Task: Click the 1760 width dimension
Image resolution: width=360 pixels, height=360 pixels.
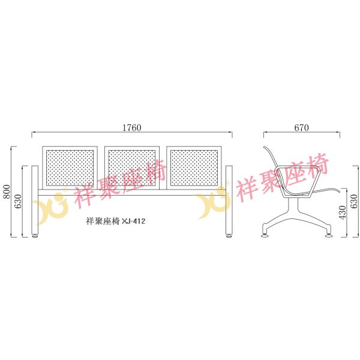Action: point(132,128)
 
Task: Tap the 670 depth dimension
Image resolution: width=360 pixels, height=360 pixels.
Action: point(301,128)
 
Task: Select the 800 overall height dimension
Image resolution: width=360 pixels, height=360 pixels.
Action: point(7,191)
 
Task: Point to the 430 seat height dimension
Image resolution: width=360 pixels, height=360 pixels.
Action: point(342,212)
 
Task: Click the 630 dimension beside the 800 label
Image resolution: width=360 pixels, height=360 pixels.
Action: point(17,201)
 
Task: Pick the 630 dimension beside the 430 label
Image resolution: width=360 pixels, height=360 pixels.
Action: point(354,201)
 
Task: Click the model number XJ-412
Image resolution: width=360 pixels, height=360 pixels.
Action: point(134,221)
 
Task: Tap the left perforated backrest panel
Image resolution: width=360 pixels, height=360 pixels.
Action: point(70,168)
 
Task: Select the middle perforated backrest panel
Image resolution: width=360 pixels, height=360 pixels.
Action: point(132,168)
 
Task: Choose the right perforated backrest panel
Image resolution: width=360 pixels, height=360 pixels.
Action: point(194,168)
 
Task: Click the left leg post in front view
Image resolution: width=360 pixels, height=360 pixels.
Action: point(35,200)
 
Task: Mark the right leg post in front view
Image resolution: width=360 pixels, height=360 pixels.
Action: point(229,200)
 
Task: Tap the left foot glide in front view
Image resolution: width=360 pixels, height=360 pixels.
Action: point(35,236)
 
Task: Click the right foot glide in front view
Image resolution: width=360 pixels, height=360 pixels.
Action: point(229,236)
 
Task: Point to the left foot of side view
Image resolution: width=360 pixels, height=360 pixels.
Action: point(265,235)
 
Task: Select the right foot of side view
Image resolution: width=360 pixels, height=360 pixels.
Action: point(329,235)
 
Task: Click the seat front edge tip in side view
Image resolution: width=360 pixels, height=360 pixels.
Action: point(340,191)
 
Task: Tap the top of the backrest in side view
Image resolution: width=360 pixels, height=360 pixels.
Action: point(265,148)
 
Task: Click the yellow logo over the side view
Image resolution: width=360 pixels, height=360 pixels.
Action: point(213,202)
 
